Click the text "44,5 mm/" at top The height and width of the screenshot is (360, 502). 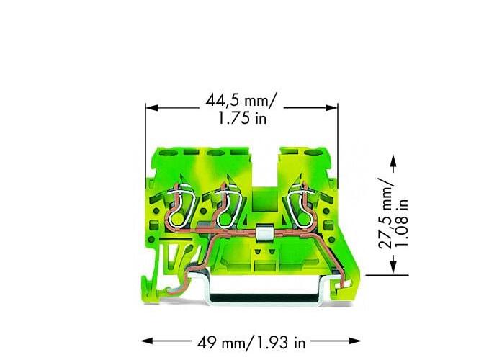tap(240, 101)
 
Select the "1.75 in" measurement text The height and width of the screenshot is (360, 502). tap(242, 118)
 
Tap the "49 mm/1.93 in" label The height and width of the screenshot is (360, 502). tap(251, 343)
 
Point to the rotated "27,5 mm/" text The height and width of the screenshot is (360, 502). tap(385, 213)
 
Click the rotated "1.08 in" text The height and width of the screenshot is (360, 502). tap(402, 223)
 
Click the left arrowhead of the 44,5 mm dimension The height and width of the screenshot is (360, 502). tap(151, 107)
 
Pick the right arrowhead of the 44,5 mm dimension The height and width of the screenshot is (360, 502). tap(332, 107)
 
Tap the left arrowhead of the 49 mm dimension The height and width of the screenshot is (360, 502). tap(147, 341)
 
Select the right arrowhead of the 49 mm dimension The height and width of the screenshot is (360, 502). tap(355, 341)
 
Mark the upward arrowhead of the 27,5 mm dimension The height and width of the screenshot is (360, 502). tap(393, 161)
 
